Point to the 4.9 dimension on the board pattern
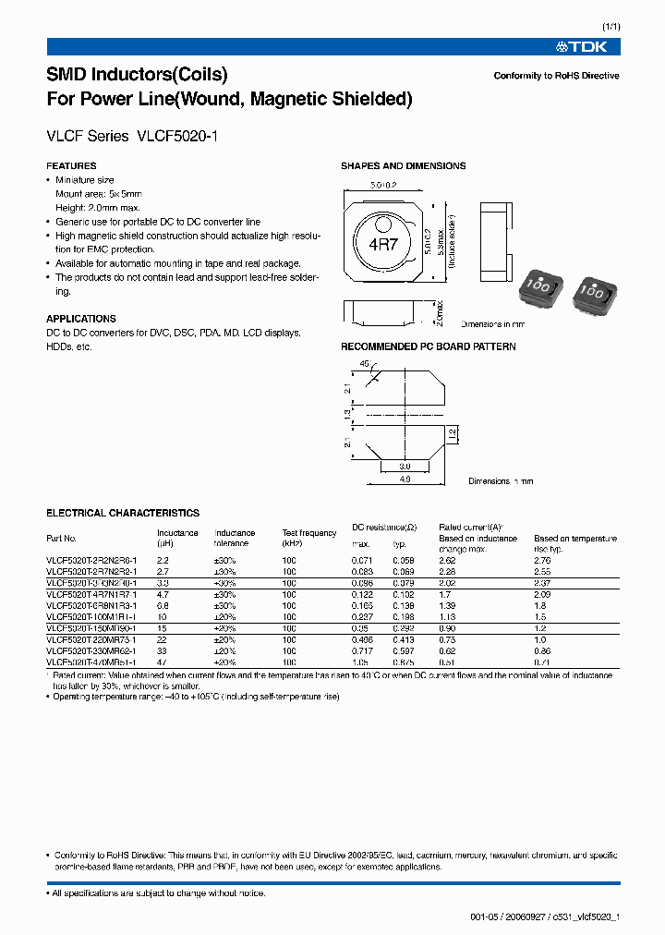click(x=405, y=479)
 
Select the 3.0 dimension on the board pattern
click(x=405, y=467)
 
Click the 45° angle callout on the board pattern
click(x=363, y=363)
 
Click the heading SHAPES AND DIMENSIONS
click(x=403, y=166)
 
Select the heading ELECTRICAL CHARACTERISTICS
click(x=123, y=513)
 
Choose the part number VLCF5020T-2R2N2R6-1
click(x=91, y=560)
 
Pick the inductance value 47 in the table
click(x=163, y=662)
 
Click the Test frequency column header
click(x=309, y=538)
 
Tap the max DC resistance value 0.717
click(x=363, y=651)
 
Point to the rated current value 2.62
click(x=448, y=560)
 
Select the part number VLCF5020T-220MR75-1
click(x=91, y=640)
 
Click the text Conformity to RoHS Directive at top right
click(x=556, y=76)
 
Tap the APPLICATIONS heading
click(x=81, y=319)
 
